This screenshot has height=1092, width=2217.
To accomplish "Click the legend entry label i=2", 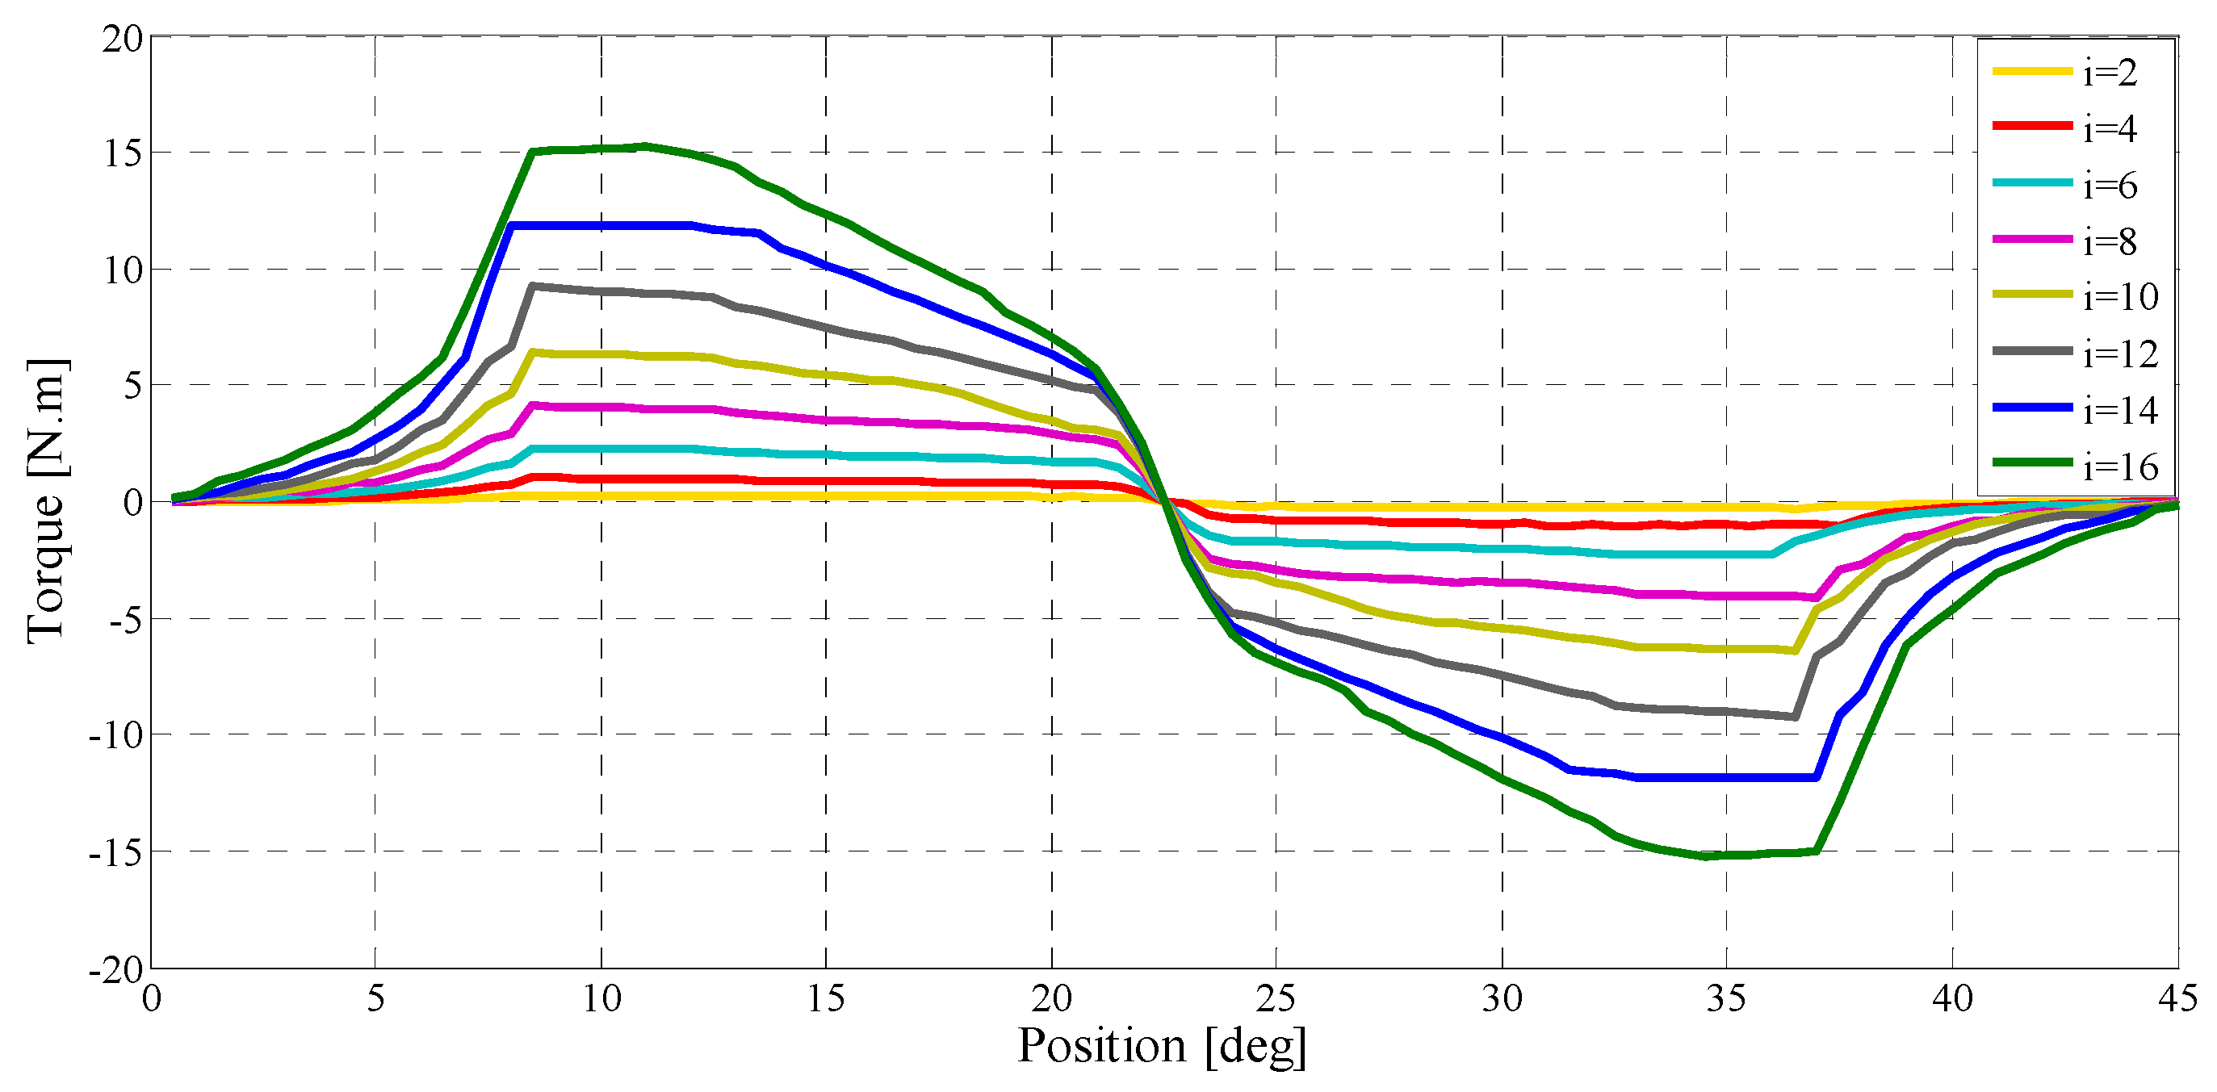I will point(2110,73).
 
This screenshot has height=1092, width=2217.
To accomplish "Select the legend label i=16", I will point(2121,467).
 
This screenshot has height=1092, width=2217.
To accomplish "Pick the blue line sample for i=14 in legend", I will point(2032,407).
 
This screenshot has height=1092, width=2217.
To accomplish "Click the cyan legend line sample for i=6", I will point(2032,182).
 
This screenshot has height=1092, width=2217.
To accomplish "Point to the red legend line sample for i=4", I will point(2032,127).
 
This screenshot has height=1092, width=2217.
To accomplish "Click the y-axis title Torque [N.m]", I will point(47,501).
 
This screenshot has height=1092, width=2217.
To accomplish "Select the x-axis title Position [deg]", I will point(1162,1046).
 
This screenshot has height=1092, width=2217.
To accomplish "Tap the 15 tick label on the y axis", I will point(122,153).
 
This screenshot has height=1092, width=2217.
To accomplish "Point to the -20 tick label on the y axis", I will point(115,970).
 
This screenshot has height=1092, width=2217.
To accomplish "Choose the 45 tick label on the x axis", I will point(2177,1000).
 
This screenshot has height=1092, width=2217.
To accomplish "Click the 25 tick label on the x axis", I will point(1276,1000).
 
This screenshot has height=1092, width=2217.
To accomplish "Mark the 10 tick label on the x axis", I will point(601,1000).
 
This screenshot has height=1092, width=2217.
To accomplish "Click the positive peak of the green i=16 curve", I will point(645,146).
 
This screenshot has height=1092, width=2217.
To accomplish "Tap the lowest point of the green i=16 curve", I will point(1706,856).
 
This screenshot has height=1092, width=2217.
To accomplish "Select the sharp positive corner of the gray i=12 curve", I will point(534,286).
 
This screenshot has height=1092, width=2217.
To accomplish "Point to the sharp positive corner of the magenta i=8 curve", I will point(534,404).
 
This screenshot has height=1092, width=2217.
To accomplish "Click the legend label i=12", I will point(2121,354).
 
